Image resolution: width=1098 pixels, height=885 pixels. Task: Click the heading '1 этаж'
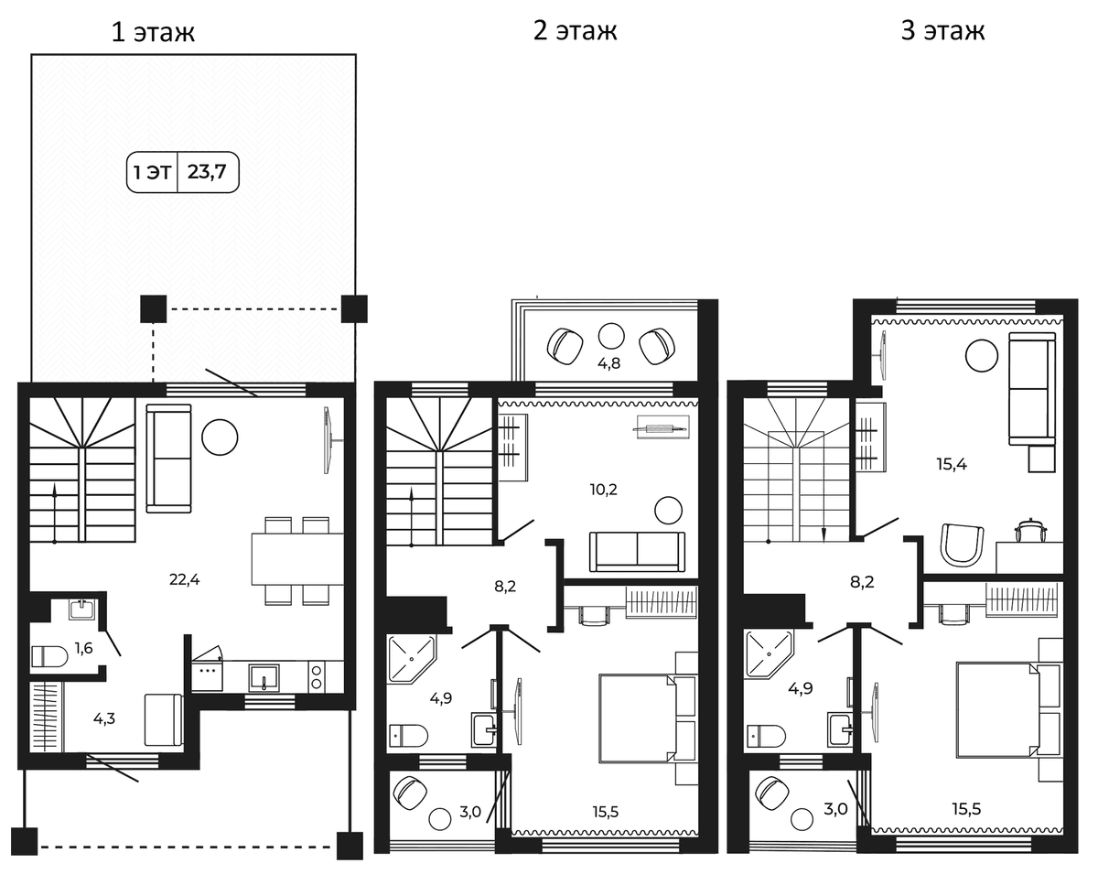[153, 32]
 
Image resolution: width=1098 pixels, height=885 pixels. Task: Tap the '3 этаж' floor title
[942, 30]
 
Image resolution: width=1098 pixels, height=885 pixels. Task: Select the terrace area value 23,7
[207, 172]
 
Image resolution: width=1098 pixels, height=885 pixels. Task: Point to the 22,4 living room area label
[184, 579]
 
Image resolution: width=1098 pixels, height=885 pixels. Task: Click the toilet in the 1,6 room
[49, 656]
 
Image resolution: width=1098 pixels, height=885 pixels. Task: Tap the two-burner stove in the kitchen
[317, 676]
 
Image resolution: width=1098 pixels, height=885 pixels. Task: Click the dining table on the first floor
[297, 559]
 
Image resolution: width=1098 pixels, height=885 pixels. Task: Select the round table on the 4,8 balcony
[610, 336]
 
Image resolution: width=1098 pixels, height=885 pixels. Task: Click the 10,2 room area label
[603, 490]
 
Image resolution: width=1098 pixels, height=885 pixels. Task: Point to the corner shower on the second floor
[411, 659]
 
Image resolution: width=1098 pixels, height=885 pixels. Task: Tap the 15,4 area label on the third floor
[952, 464]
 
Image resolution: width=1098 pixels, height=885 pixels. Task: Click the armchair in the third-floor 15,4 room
[962, 545]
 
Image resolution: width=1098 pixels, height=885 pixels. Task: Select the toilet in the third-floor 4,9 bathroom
[767, 736]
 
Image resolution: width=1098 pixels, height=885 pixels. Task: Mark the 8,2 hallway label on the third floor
[862, 582]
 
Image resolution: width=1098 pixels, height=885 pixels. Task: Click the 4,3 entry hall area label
[104, 718]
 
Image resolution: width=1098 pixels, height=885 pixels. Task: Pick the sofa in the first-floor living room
[168, 459]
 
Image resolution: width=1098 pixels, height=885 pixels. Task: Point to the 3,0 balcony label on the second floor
[470, 812]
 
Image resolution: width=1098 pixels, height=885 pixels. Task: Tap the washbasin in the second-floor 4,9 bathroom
[483, 729]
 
